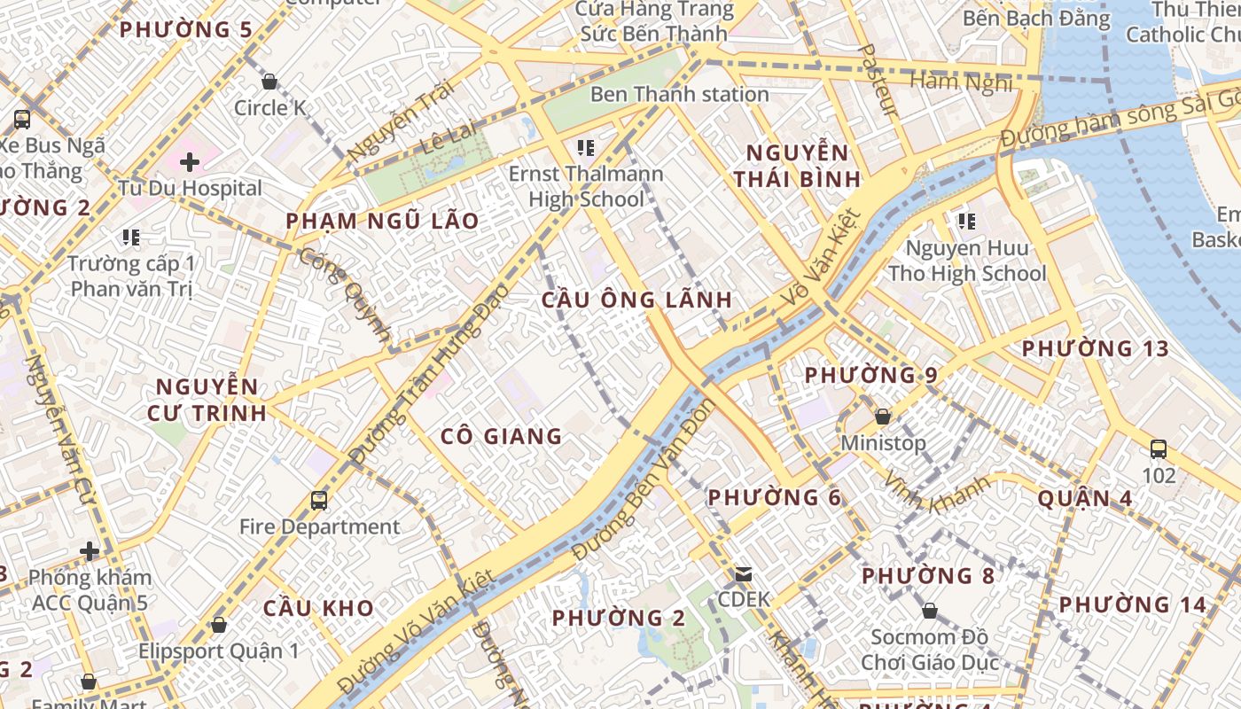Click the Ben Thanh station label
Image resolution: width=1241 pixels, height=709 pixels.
[x=679, y=94]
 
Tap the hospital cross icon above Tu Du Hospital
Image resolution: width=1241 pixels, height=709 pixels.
[x=189, y=162]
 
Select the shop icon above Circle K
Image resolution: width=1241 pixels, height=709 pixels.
[x=269, y=82]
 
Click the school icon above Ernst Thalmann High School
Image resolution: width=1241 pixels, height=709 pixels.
[x=585, y=147]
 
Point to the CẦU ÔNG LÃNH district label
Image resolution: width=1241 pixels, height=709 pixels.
[x=637, y=300]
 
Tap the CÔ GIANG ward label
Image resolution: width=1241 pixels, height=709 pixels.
[x=502, y=436]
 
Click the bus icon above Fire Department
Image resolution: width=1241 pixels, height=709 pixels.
[x=319, y=501]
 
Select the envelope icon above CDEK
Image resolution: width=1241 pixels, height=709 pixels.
[x=743, y=574]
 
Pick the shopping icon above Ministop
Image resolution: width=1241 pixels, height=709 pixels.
[x=882, y=417]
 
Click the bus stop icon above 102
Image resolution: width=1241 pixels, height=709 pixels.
[x=1158, y=449]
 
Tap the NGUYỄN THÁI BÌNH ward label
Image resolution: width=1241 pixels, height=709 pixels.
[x=797, y=166]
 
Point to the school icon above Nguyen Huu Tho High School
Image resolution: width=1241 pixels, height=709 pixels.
[x=966, y=222]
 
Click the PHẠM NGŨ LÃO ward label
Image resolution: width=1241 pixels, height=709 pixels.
[x=382, y=221]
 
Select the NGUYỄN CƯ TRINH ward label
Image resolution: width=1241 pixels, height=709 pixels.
[x=210, y=400]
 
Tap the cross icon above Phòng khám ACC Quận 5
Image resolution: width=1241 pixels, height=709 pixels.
[x=90, y=551]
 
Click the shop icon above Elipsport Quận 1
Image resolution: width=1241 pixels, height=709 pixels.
[x=219, y=625]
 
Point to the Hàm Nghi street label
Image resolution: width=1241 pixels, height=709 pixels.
[x=961, y=82]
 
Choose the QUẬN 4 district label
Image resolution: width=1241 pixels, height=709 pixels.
[x=1085, y=498]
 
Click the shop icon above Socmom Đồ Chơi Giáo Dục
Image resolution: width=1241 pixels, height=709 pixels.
[x=929, y=611]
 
